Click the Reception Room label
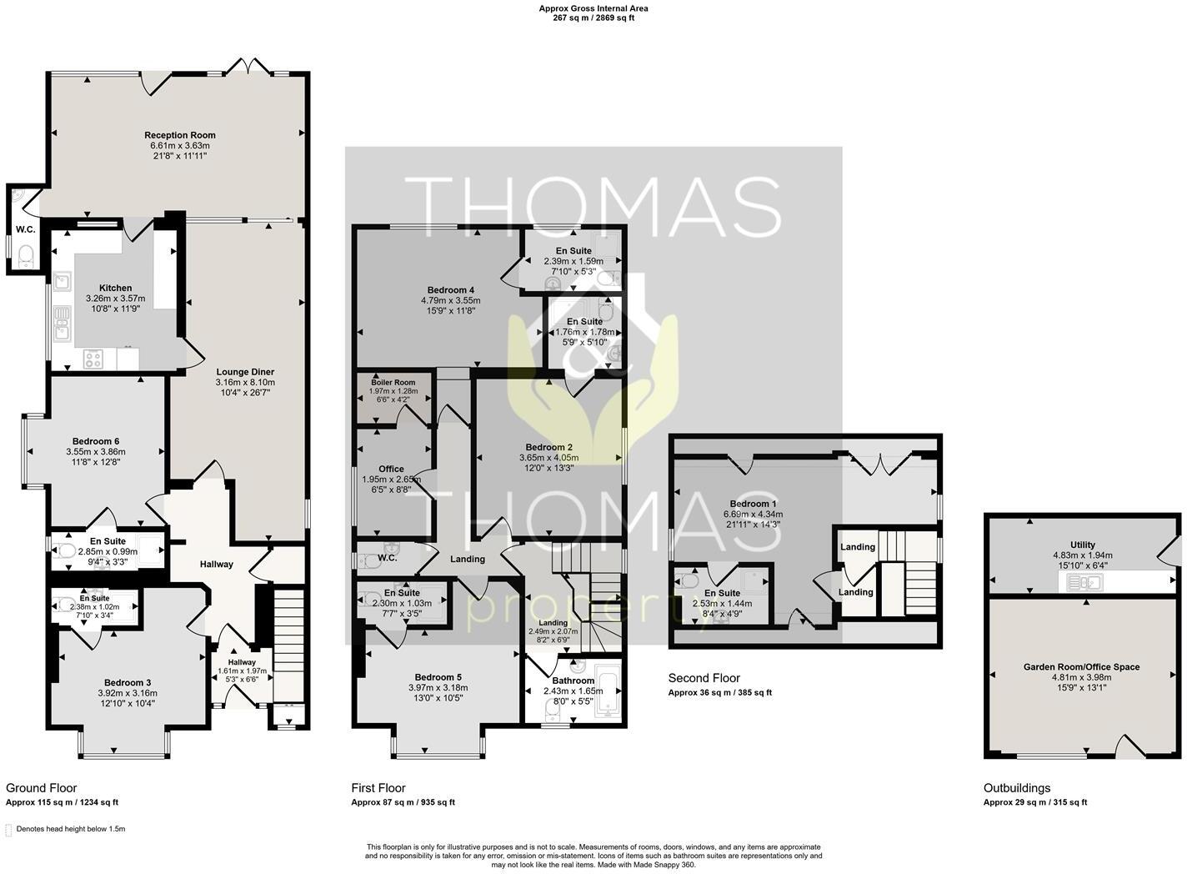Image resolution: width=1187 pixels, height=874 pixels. (x=179, y=135)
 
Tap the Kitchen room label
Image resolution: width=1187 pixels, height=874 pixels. (x=115, y=288)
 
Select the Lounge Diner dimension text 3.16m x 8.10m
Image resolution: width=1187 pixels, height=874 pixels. (x=245, y=383)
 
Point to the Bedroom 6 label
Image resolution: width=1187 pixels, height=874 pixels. (x=95, y=441)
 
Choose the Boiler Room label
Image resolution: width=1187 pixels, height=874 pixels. (x=393, y=382)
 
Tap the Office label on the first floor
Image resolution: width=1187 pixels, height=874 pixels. (x=391, y=470)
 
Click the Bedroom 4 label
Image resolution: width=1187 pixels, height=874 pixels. (x=450, y=289)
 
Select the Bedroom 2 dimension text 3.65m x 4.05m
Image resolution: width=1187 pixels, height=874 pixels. (x=548, y=458)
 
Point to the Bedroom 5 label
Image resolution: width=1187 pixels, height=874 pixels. (x=438, y=677)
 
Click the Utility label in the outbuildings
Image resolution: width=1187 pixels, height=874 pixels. (x=1083, y=545)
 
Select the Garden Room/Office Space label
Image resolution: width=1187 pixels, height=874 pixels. (x=1081, y=666)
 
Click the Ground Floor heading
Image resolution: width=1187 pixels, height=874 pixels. (x=41, y=787)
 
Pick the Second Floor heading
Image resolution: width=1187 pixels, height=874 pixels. (x=704, y=678)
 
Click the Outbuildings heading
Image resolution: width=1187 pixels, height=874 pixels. (x=1016, y=787)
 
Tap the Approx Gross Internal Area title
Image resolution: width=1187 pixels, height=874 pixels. (x=593, y=8)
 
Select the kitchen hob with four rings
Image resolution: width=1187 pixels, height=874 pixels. (x=93, y=359)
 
